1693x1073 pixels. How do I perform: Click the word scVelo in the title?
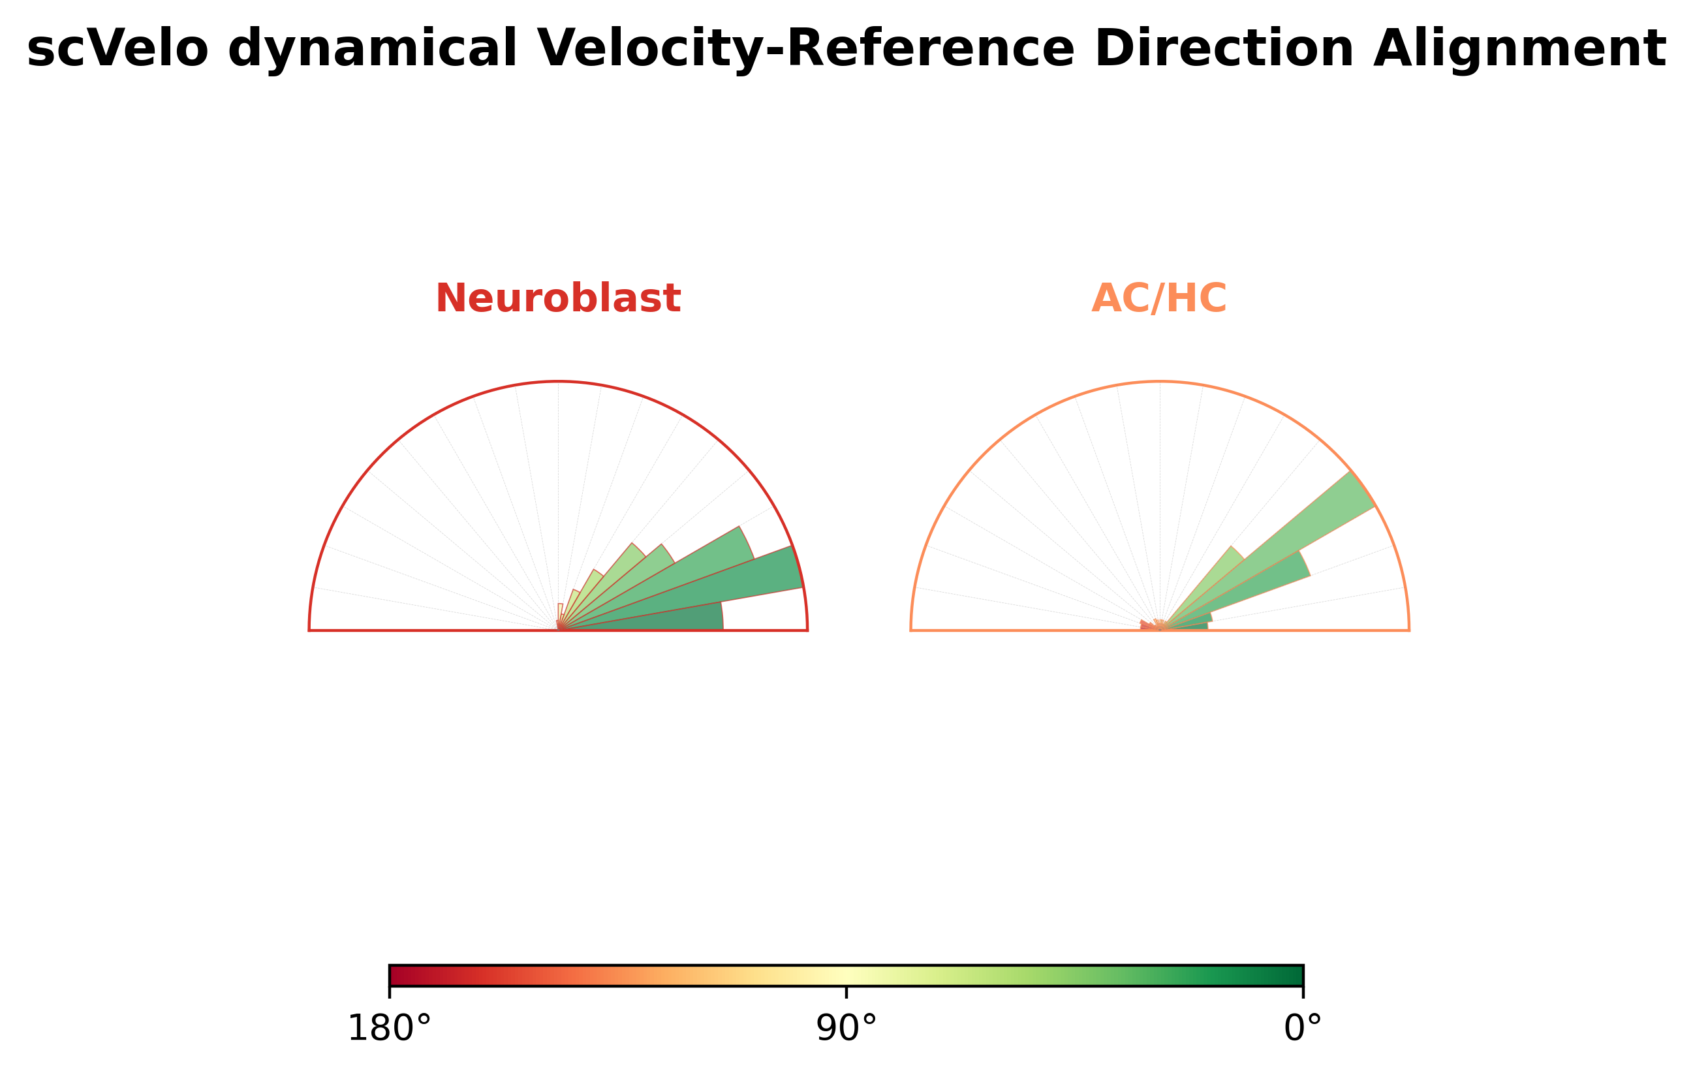click(117, 49)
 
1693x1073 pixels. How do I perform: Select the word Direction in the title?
click(1224, 49)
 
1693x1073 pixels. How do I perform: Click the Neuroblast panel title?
click(557, 298)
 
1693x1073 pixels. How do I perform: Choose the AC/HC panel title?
click(1159, 298)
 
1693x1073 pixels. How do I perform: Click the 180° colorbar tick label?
click(390, 1029)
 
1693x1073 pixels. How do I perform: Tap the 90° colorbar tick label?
click(846, 1029)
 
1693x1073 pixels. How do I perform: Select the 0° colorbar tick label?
click(1303, 1029)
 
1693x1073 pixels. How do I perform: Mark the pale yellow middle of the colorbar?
click(846, 976)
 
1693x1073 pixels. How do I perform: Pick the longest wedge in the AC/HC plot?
click(1280, 542)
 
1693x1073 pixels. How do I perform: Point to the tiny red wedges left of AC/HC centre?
click(1147, 625)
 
